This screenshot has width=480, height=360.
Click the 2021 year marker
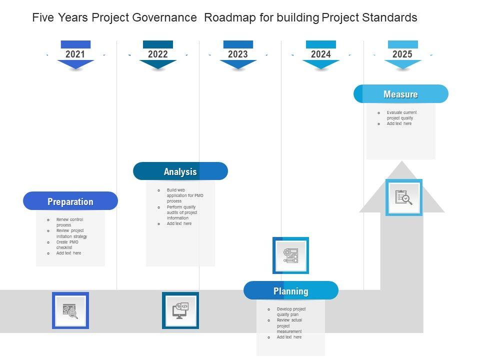tap(75, 54)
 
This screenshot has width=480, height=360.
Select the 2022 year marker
tap(158, 54)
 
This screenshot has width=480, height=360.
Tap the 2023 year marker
tap(238, 54)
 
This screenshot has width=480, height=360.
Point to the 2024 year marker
tap(320, 54)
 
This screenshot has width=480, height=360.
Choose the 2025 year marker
tap(402, 54)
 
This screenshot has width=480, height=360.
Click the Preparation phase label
tap(70, 201)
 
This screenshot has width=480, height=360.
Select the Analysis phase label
tap(180, 171)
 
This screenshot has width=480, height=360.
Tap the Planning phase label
tap(291, 290)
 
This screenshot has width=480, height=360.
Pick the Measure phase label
tap(400, 94)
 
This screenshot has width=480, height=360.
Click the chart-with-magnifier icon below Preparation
tap(70, 310)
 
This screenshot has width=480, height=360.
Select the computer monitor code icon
tap(180, 310)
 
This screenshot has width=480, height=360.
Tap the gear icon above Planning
tap(290, 255)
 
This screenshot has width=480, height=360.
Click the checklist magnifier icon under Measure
tap(403, 197)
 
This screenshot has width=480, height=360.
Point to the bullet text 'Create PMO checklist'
tap(67, 244)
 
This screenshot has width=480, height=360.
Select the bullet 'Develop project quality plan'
tap(291, 312)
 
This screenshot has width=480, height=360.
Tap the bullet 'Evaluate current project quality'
tap(401, 115)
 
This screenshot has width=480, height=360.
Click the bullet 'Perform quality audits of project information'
tap(181, 212)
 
